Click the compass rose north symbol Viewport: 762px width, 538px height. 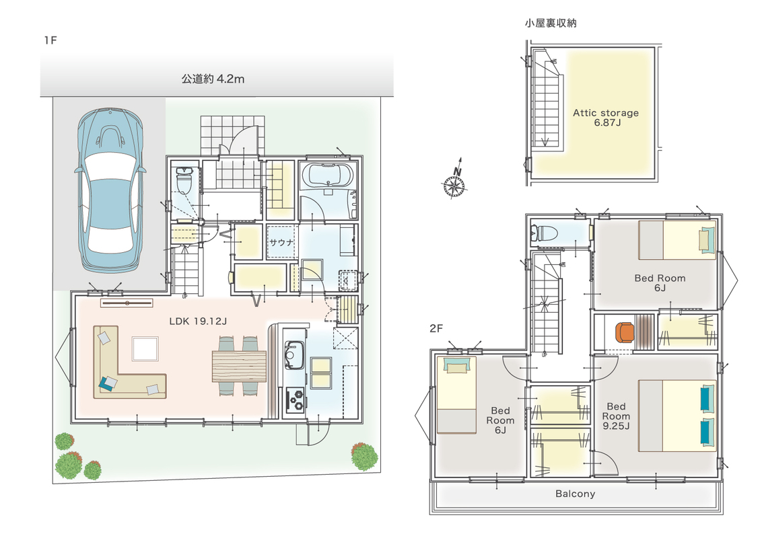pyautogui.click(x=454, y=180)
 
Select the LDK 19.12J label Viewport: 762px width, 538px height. pyautogui.click(x=198, y=321)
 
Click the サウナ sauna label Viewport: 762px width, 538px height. pyautogui.click(x=281, y=242)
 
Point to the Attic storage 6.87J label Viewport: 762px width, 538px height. pyautogui.click(x=606, y=118)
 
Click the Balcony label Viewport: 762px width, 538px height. pyautogui.click(x=576, y=494)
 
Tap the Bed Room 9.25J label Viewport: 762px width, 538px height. pyautogui.click(x=616, y=416)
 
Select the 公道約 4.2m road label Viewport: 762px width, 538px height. pyautogui.click(x=213, y=79)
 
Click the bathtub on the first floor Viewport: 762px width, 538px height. pyautogui.click(x=327, y=176)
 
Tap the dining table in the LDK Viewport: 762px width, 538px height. pyautogui.click(x=239, y=366)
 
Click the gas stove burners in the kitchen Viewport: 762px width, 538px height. pyautogui.click(x=296, y=399)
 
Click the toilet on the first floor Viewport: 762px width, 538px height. pyautogui.click(x=184, y=180)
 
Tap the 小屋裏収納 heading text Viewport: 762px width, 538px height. pyautogui.click(x=551, y=23)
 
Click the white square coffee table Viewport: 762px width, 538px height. pyautogui.click(x=145, y=348)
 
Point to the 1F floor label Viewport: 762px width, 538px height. pyautogui.click(x=50, y=40)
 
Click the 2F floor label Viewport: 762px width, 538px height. pyautogui.click(x=436, y=329)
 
